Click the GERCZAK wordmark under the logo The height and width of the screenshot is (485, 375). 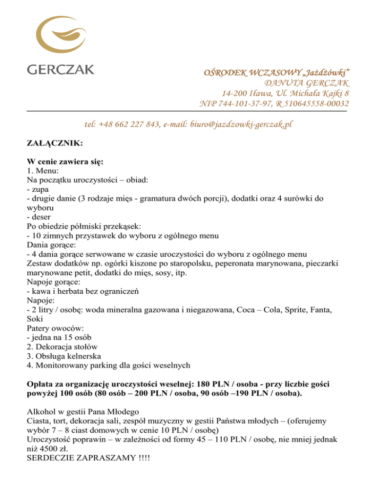61,69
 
